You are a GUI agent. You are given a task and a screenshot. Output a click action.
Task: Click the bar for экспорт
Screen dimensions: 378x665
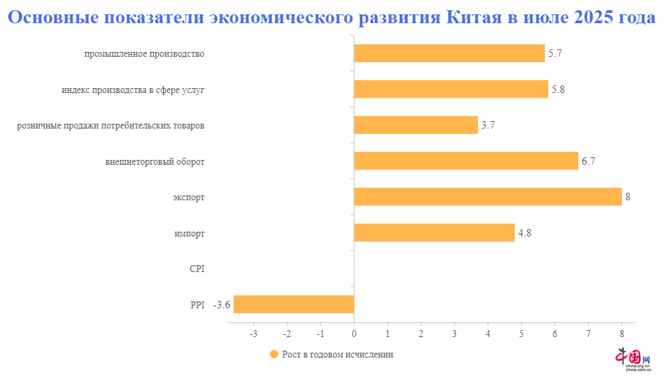tap(487, 197)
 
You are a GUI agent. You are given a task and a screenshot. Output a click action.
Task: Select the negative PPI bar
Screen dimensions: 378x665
tap(294, 304)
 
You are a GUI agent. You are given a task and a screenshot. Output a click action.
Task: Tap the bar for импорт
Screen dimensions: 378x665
tap(434, 232)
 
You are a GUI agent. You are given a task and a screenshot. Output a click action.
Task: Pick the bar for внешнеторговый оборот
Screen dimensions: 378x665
tap(466, 161)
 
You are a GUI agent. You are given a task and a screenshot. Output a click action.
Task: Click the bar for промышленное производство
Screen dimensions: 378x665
tap(449, 53)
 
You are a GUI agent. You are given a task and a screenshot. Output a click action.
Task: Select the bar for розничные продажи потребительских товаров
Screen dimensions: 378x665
tap(415, 125)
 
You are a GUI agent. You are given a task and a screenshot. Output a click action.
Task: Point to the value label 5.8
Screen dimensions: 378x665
tap(558, 90)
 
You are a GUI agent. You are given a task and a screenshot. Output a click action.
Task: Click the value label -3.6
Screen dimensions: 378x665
tap(221, 305)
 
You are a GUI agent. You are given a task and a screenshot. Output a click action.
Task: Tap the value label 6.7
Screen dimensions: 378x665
tap(589, 161)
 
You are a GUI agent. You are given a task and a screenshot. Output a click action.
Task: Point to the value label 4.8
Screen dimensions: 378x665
tap(524, 233)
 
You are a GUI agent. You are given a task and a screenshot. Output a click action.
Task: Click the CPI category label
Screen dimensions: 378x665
tap(197, 269)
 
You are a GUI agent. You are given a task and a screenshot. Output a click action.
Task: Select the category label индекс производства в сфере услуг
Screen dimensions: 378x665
tap(132, 90)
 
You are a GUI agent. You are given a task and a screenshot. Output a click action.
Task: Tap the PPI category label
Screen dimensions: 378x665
tap(197, 305)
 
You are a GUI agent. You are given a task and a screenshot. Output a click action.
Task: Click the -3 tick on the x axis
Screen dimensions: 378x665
tap(253, 334)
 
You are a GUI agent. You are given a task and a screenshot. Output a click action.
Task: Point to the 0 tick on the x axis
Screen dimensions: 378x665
tap(354, 334)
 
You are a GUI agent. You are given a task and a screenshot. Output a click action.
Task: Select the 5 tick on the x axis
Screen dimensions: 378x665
tap(521, 334)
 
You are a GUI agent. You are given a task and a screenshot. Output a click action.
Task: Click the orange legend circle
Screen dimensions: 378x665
tap(274, 355)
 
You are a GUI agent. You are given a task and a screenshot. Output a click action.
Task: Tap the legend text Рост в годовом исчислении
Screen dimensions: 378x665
tap(338, 355)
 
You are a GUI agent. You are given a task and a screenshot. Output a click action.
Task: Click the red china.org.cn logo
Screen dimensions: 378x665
tap(634, 358)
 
